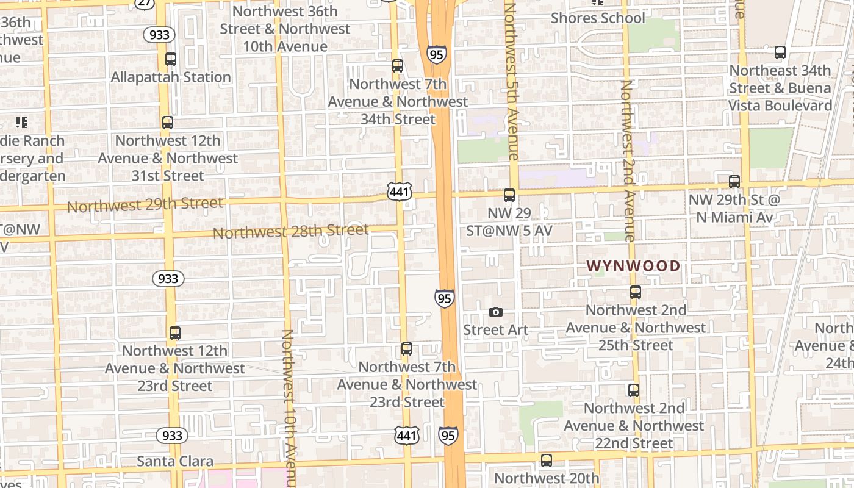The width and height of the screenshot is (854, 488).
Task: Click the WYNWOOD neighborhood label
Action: pos(633,266)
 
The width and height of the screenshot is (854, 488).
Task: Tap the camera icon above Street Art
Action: pos(496,312)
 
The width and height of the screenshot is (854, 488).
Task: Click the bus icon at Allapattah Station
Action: pos(171,59)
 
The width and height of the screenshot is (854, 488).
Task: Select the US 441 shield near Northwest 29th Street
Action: pos(400,192)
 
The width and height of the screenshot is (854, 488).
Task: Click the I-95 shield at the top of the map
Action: pos(437,54)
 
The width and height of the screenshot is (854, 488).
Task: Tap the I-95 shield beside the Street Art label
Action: pos(445,298)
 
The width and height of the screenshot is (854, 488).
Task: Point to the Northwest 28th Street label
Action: pos(290,231)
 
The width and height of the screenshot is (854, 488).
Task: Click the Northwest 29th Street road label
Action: pos(145,204)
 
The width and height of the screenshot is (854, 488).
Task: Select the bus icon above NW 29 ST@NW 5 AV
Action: pos(509,195)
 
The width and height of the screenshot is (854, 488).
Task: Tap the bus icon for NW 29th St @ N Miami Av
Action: pos(734,182)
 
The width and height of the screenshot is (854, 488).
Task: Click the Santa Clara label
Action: pos(175,461)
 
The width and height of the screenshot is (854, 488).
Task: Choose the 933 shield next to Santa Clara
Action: pos(171,436)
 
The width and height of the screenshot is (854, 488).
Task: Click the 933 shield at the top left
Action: pos(160,35)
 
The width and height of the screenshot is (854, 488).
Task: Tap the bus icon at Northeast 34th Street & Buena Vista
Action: pos(780,52)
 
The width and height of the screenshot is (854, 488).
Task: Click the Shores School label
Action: pos(598,18)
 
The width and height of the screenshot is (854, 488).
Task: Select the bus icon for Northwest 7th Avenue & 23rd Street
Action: pos(407,350)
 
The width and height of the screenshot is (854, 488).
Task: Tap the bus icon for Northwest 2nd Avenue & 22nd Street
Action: pos(634,390)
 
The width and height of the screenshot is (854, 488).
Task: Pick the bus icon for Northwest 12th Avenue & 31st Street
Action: pos(168,123)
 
